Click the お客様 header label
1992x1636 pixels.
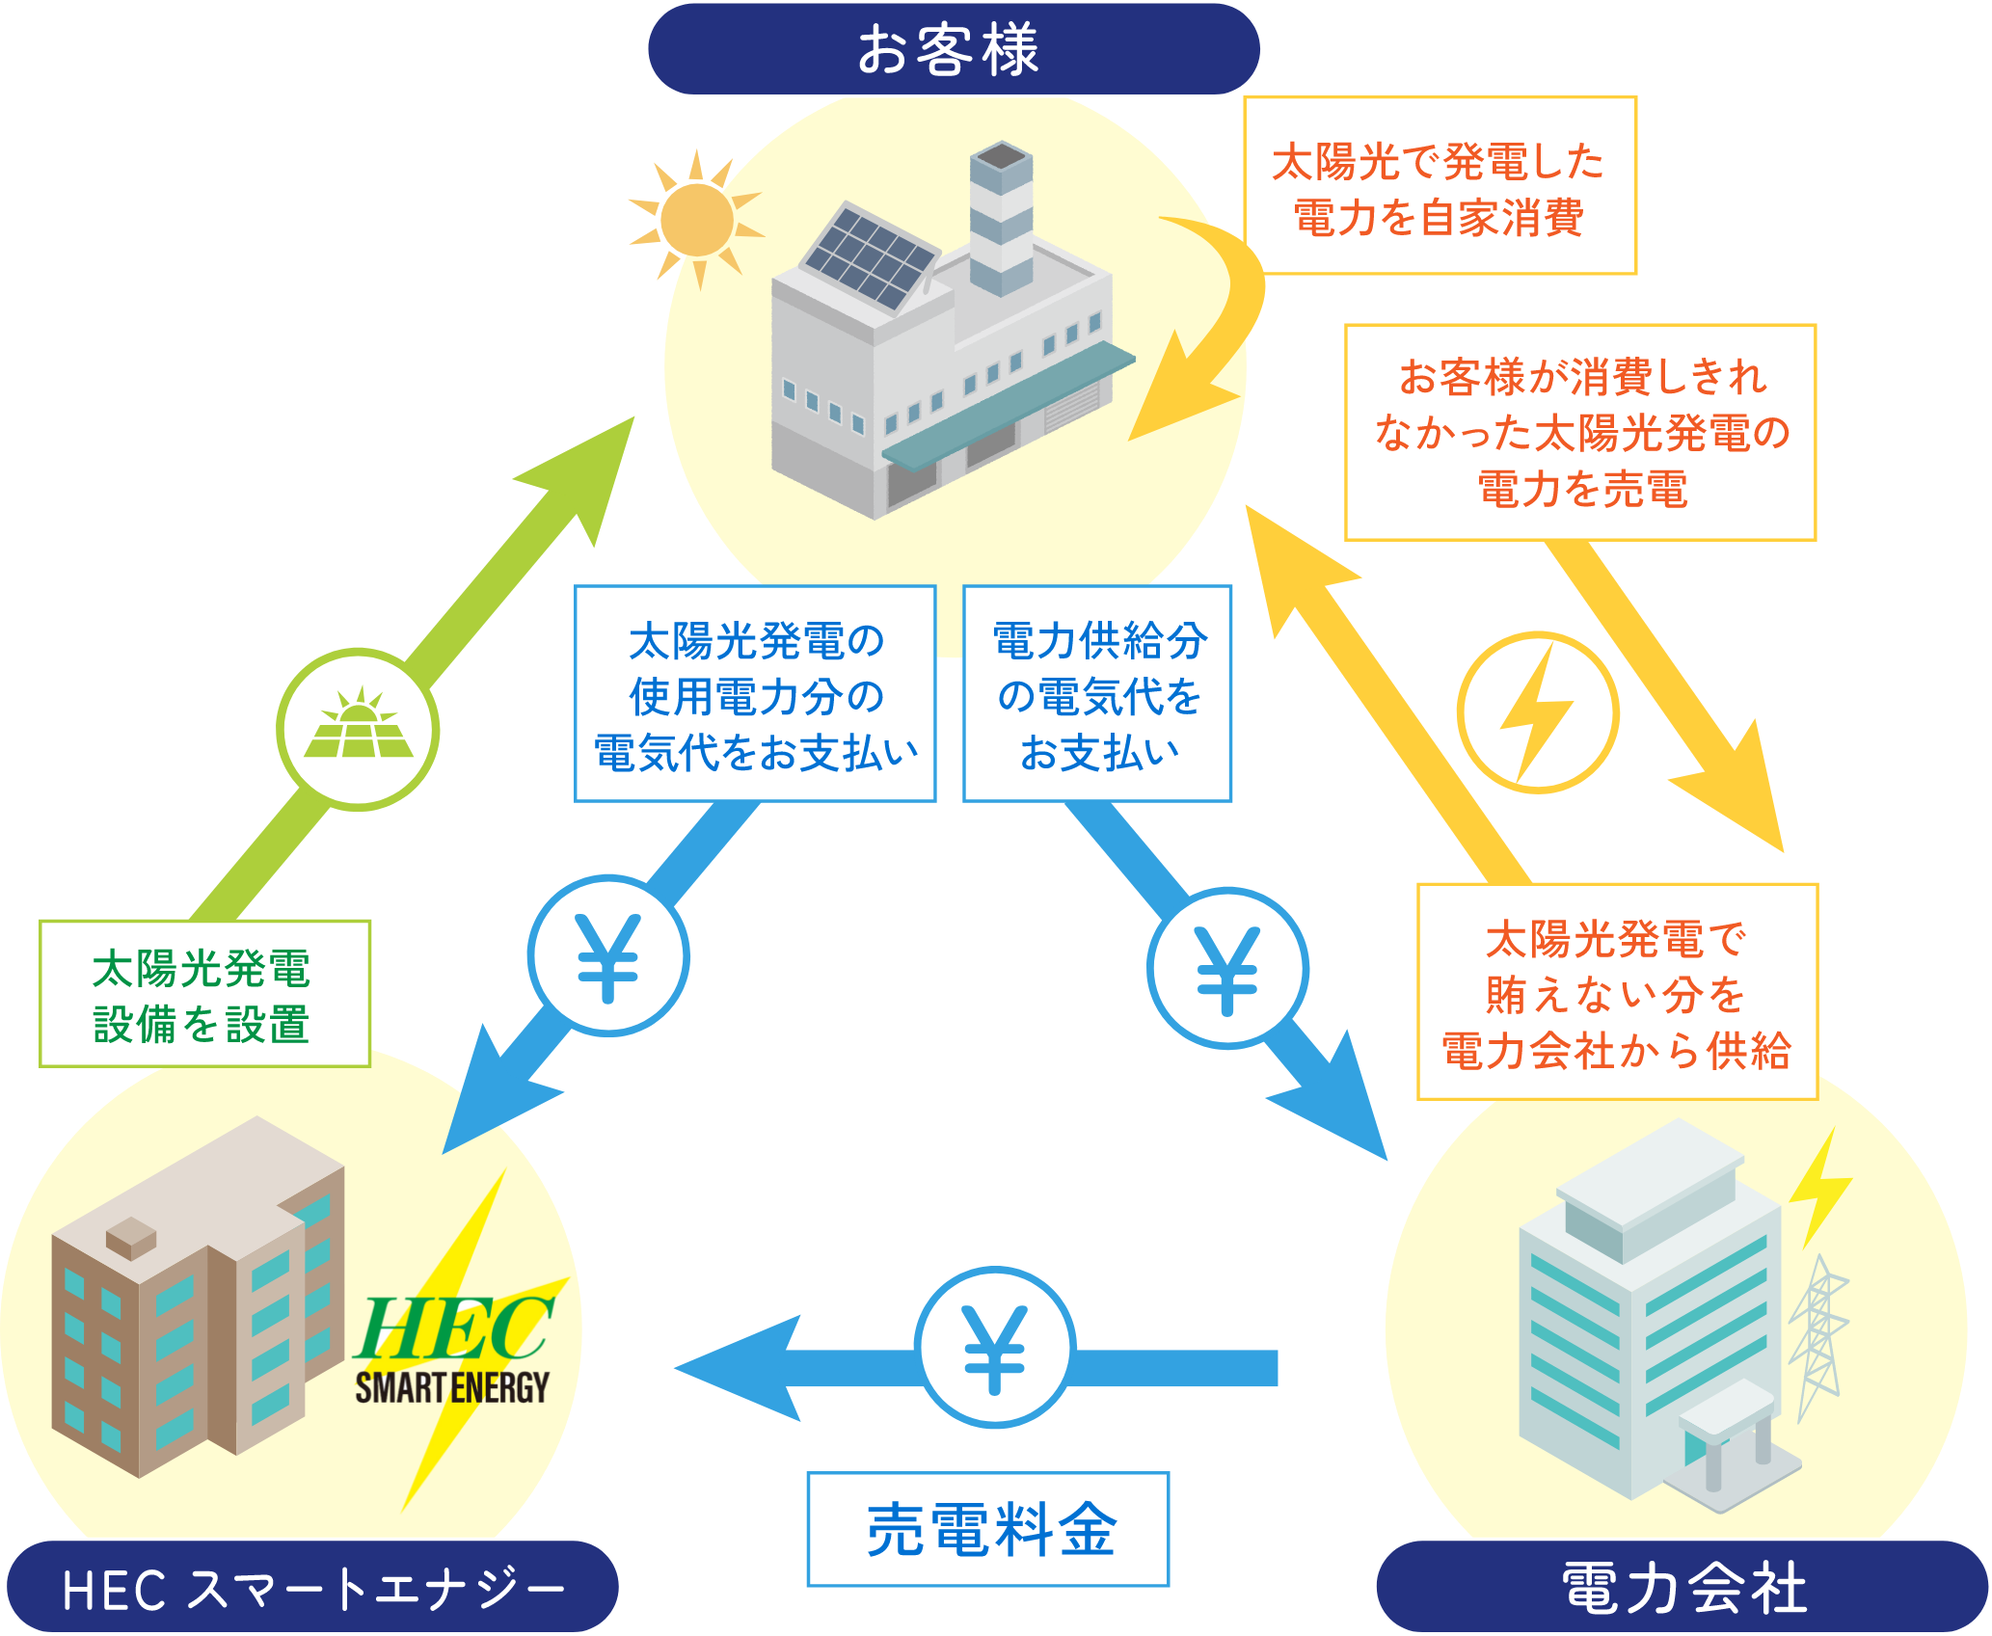coord(953,49)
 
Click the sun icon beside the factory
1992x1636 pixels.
coord(696,219)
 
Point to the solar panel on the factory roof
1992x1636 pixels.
coord(870,255)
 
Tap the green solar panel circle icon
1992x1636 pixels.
coord(359,729)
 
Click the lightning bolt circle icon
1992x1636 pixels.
coord(1538,712)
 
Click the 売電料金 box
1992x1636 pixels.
coord(988,1529)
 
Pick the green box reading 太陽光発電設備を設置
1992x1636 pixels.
coord(204,994)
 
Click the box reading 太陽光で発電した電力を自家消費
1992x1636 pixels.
coord(1440,186)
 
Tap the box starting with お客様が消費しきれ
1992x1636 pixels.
coord(1580,432)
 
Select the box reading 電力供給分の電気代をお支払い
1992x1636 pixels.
coord(1098,694)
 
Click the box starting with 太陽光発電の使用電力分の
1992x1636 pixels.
coord(756,694)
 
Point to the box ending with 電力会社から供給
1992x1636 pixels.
coord(1617,992)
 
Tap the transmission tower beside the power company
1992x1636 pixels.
coord(1817,1335)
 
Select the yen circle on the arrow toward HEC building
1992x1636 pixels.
coord(608,955)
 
